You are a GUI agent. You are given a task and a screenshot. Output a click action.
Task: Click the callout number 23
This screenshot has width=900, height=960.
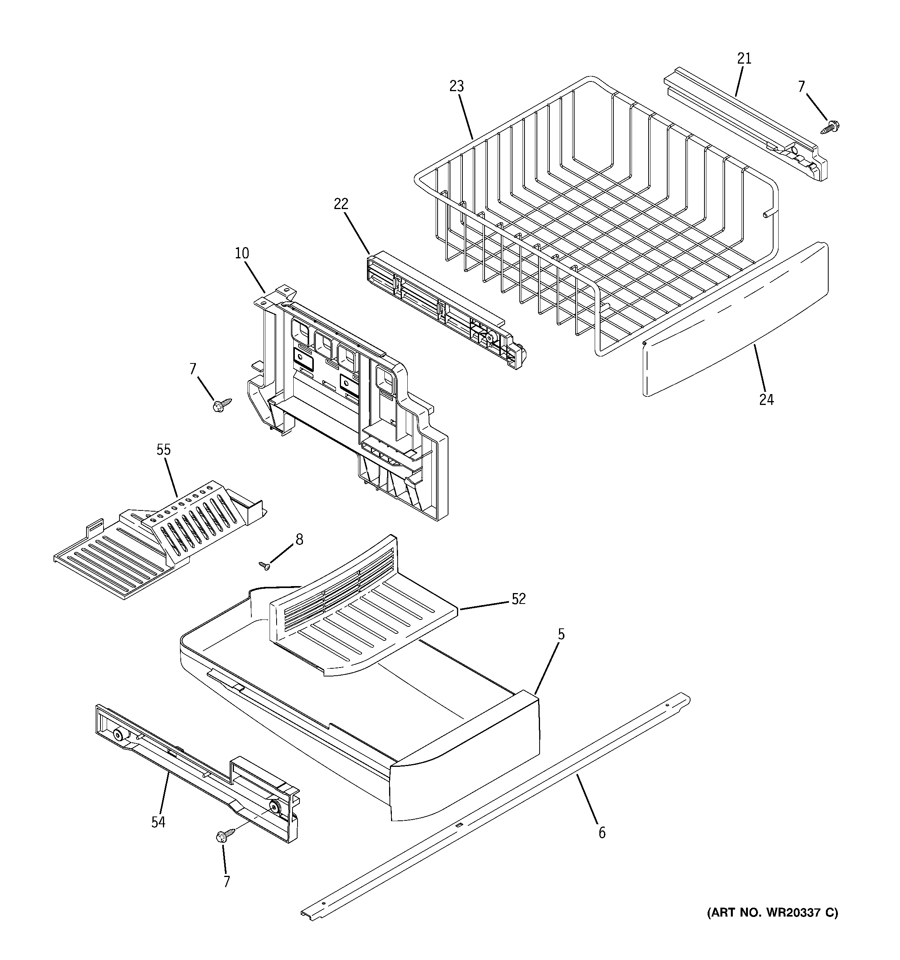(456, 86)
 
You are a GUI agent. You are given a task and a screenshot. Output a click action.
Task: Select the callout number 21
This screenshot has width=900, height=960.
(744, 59)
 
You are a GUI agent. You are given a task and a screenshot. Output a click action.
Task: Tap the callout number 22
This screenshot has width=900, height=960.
(341, 204)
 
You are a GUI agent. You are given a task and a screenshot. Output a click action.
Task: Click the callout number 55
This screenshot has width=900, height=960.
(163, 450)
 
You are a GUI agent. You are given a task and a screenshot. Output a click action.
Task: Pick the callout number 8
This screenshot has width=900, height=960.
(299, 540)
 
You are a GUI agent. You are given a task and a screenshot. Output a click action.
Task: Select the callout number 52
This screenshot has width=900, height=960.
(518, 599)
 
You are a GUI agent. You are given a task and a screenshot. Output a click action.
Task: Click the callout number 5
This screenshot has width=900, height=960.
(561, 634)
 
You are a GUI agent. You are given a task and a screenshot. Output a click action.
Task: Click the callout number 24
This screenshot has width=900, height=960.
(766, 400)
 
